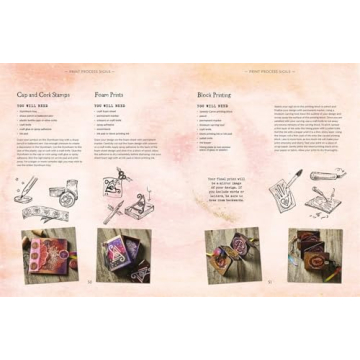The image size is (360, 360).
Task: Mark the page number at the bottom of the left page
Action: [x=89, y=281]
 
